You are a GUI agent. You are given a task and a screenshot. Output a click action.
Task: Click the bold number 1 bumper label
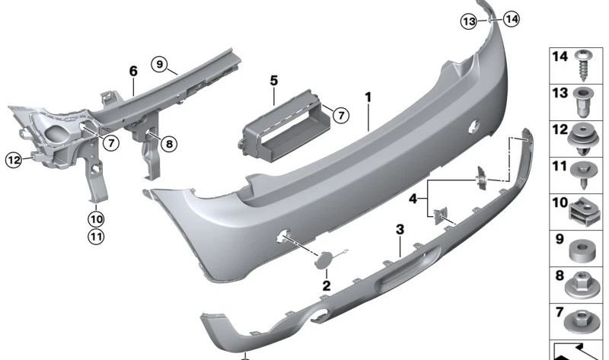point(368,97)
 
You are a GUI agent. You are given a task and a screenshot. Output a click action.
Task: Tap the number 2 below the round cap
point(327,286)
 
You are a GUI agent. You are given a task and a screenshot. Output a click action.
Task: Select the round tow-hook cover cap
point(323,260)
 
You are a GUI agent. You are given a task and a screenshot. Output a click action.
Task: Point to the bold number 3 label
point(400,230)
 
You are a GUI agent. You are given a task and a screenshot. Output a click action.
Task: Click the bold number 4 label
point(413,199)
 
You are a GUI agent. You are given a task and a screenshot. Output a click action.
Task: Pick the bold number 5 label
point(274,81)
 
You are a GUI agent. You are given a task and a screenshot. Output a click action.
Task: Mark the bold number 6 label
point(133,71)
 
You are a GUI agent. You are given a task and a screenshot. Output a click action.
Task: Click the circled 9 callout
point(160,64)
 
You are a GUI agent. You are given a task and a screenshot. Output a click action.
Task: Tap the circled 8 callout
point(169,144)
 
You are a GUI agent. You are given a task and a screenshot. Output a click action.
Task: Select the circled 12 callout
point(14,160)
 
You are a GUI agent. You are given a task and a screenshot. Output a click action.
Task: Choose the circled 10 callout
point(96,219)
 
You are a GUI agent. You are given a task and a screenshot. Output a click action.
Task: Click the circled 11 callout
point(96,237)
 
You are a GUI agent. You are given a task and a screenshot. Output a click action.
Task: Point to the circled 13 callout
point(469,21)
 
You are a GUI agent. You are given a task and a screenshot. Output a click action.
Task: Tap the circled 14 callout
point(511,18)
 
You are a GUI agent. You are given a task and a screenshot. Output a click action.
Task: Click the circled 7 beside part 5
point(341,116)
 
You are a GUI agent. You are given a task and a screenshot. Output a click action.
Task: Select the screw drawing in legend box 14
point(583,65)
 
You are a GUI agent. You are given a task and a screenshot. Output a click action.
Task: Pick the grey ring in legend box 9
point(582,250)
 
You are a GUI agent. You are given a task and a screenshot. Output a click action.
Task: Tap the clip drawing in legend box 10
point(583,213)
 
